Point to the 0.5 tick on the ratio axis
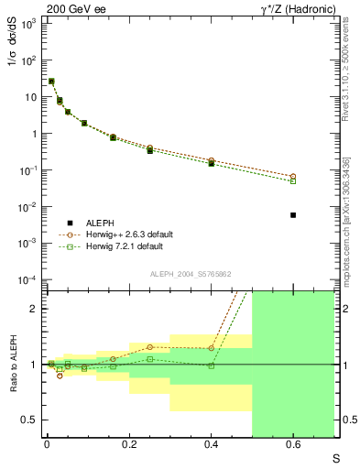[x=29, y=420]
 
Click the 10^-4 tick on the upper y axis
[x=27, y=279]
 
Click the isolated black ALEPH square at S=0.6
[x=293, y=215]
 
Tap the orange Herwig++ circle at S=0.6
[x=293, y=176]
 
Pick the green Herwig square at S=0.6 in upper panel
[x=293, y=181]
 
